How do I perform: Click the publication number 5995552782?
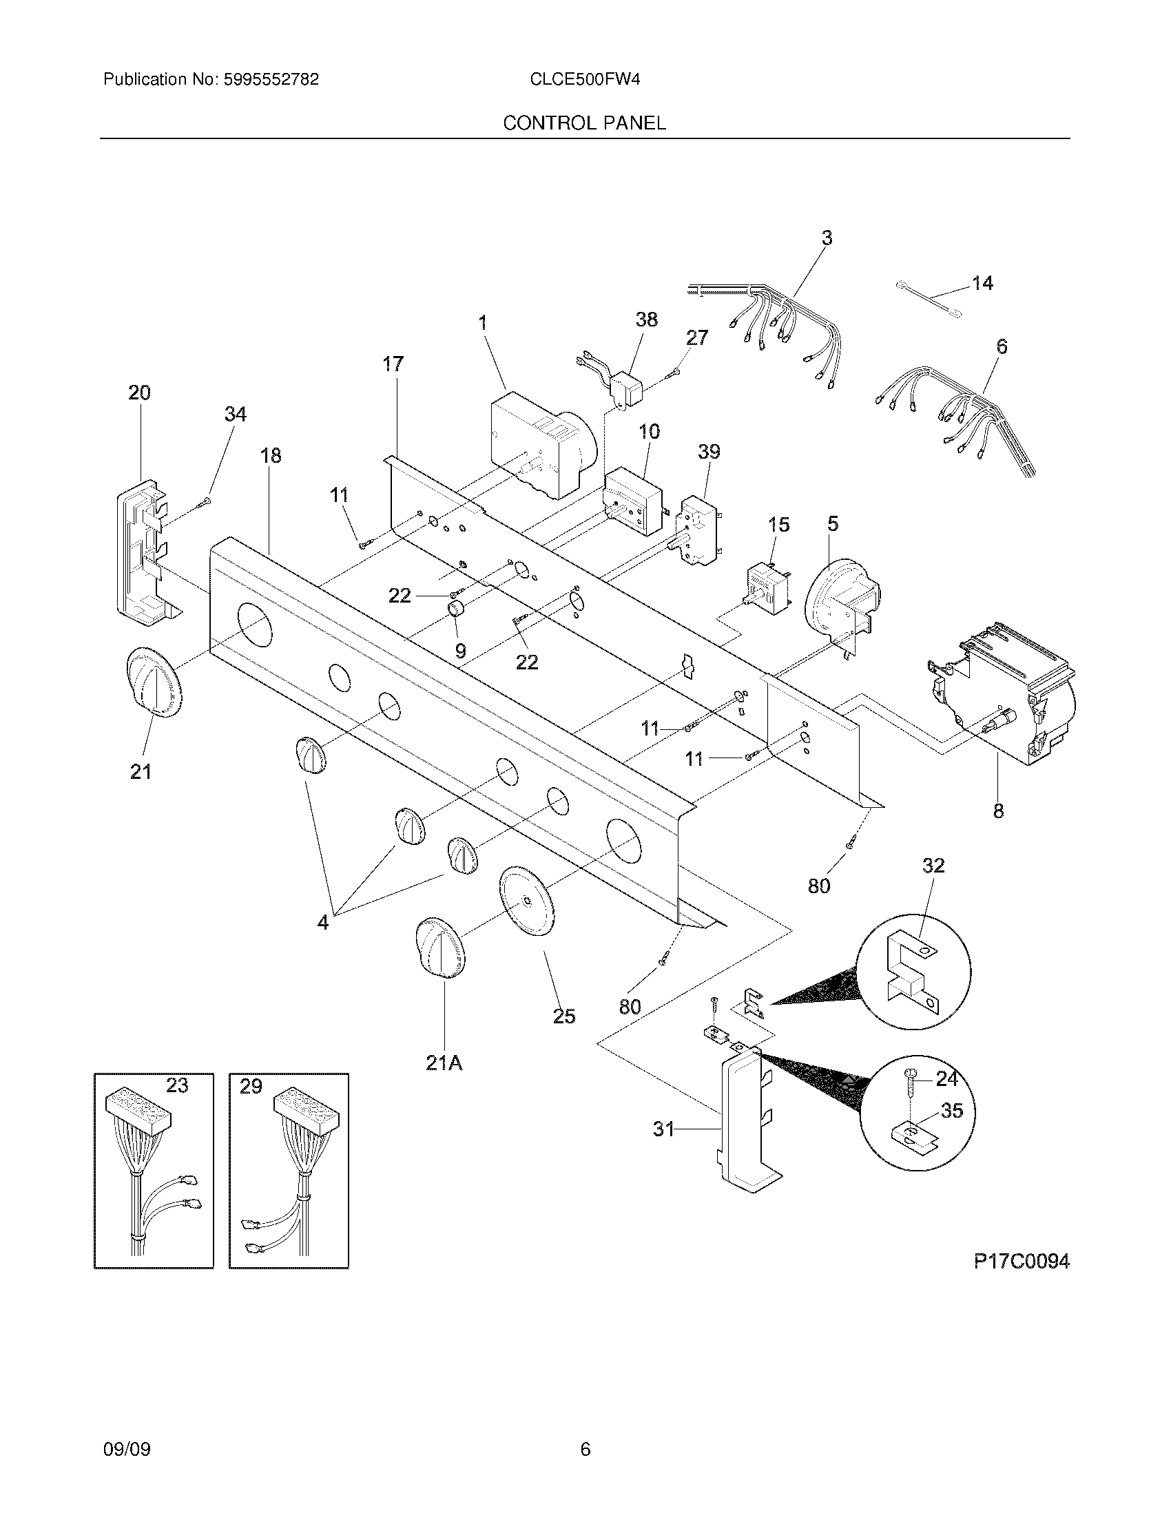271,80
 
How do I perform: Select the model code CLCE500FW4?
584,80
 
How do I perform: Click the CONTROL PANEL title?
584,123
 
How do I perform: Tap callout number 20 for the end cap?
139,393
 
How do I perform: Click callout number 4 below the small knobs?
323,923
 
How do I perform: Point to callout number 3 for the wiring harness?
826,239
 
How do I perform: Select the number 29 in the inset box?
251,1086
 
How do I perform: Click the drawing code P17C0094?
1021,1262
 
